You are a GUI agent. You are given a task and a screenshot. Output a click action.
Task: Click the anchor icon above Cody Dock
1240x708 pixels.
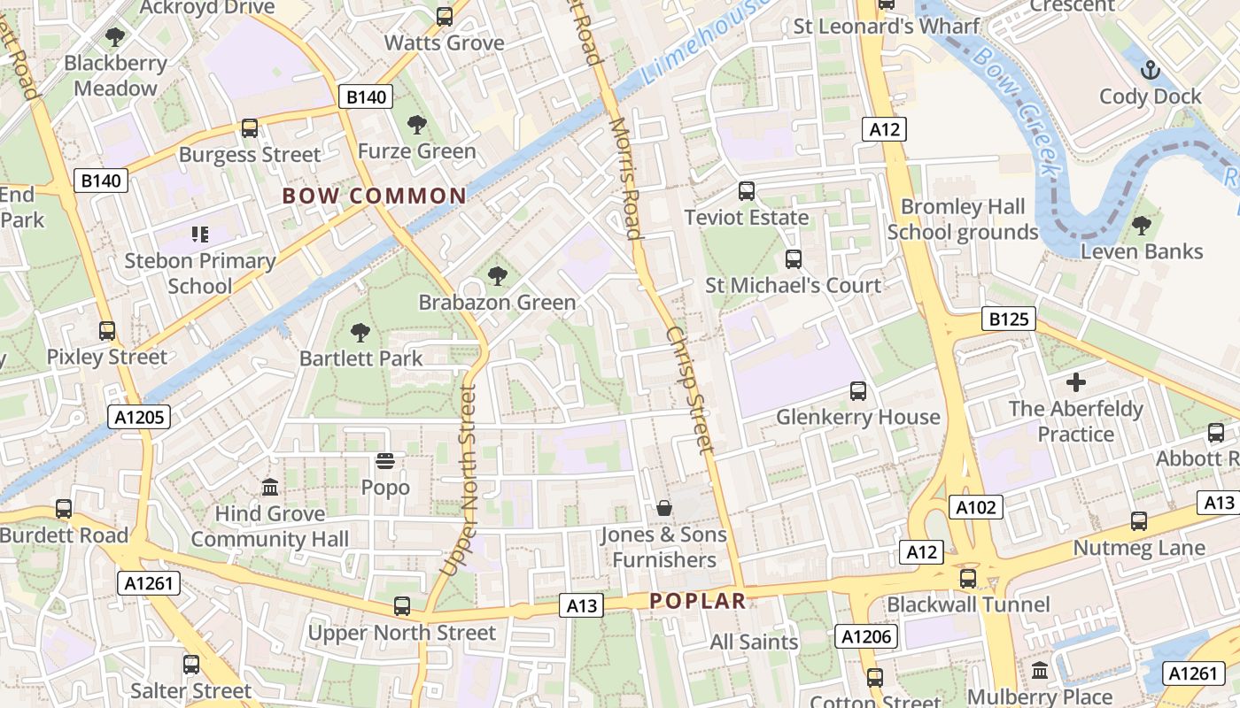pos(1150,70)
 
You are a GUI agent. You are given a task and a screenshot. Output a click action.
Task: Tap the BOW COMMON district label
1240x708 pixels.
pos(374,196)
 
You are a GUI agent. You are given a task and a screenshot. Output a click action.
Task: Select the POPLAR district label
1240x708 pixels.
pos(698,601)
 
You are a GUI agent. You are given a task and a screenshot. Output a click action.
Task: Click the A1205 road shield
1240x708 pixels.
pos(139,417)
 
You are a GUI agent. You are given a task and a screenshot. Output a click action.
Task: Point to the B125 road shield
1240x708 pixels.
pos(1008,319)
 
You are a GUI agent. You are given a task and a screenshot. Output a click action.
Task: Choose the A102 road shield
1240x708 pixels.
pos(976,507)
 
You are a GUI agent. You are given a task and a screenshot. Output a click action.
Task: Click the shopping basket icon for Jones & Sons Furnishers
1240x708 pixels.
pos(663,508)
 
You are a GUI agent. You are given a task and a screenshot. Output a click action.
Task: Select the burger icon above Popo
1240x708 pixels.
pos(384,461)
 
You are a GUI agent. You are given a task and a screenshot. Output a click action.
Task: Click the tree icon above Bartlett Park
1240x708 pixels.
pos(360,333)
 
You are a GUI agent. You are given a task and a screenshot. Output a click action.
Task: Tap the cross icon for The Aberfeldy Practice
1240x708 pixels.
pos(1075,382)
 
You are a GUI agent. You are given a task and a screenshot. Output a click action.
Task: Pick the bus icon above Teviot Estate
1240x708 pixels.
pos(747,191)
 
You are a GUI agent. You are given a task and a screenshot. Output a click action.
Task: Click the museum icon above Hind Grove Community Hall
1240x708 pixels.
pos(270,488)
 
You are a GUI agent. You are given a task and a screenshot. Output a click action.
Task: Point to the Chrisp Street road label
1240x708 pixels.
pos(688,389)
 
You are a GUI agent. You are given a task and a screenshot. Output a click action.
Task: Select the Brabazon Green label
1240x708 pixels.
pos(497,303)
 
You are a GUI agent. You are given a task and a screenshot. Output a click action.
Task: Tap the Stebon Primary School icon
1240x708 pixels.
pos(199,235)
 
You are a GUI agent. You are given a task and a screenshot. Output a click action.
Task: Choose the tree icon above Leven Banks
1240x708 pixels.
pos(1141,226)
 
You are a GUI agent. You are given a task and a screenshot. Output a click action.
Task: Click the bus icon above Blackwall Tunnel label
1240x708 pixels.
pos(967,579)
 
